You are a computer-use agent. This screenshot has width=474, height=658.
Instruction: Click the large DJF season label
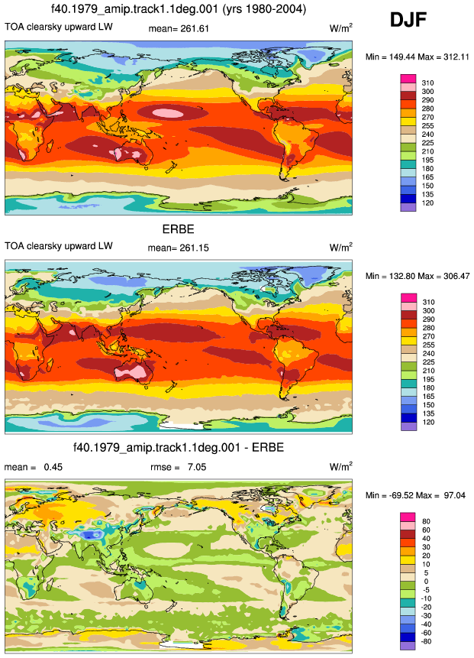point(408,20)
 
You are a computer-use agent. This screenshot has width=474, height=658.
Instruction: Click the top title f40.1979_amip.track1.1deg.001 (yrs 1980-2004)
point(179,9)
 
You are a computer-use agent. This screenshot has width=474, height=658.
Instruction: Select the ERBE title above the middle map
point(178,229)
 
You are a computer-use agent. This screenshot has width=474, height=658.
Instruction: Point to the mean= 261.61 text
point(179,28)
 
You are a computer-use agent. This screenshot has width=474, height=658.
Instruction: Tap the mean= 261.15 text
point(178,248)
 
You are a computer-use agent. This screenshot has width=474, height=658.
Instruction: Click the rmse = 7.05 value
point(178,467)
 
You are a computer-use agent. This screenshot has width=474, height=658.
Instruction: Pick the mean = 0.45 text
point(33,467)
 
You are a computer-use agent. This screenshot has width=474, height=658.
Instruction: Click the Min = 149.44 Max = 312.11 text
point(417,57)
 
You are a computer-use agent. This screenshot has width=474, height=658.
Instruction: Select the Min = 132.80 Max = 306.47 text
point(418,276)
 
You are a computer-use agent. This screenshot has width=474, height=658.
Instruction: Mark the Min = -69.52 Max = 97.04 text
point(415,495)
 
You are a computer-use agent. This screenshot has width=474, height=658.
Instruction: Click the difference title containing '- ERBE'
point(179,447)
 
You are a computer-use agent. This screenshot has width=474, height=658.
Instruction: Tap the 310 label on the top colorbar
point(427,83)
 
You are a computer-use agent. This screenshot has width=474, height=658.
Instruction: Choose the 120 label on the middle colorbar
point(427,422)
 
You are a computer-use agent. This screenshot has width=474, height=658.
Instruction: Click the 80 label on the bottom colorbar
point(426,522)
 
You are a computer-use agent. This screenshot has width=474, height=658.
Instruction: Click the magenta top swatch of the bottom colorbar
point(408,517)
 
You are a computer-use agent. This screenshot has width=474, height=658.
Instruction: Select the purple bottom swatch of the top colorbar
point(408,207)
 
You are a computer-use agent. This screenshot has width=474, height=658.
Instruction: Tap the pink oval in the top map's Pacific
point(167,112)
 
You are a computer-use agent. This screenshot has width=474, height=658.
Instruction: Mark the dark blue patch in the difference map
point(89,535)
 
